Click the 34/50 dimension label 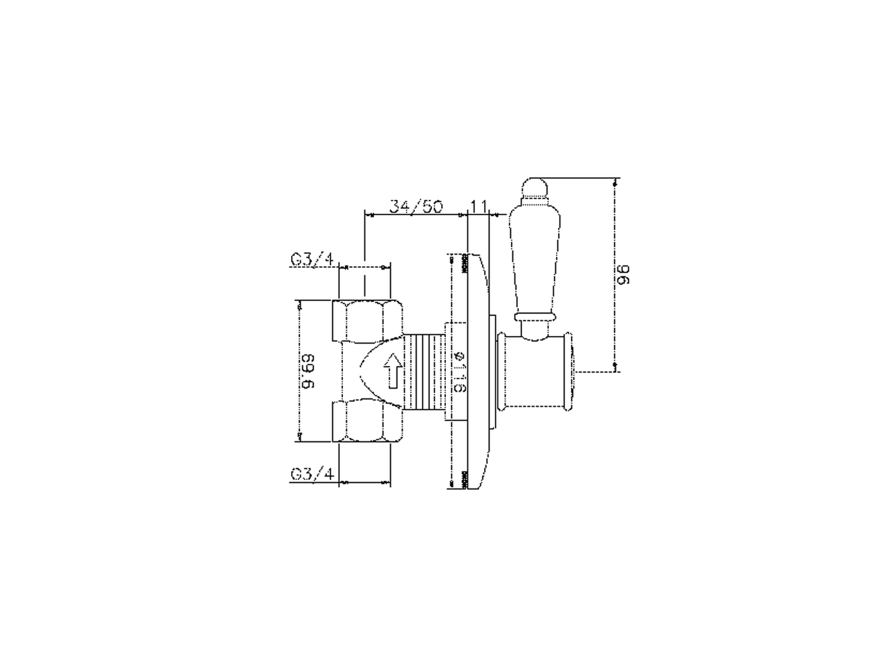416,206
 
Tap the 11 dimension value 478,206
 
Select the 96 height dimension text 624,274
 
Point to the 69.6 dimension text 308,371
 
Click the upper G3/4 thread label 313,259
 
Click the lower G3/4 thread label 313,474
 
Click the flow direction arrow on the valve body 393,371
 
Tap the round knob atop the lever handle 534,188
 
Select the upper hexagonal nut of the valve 367,322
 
